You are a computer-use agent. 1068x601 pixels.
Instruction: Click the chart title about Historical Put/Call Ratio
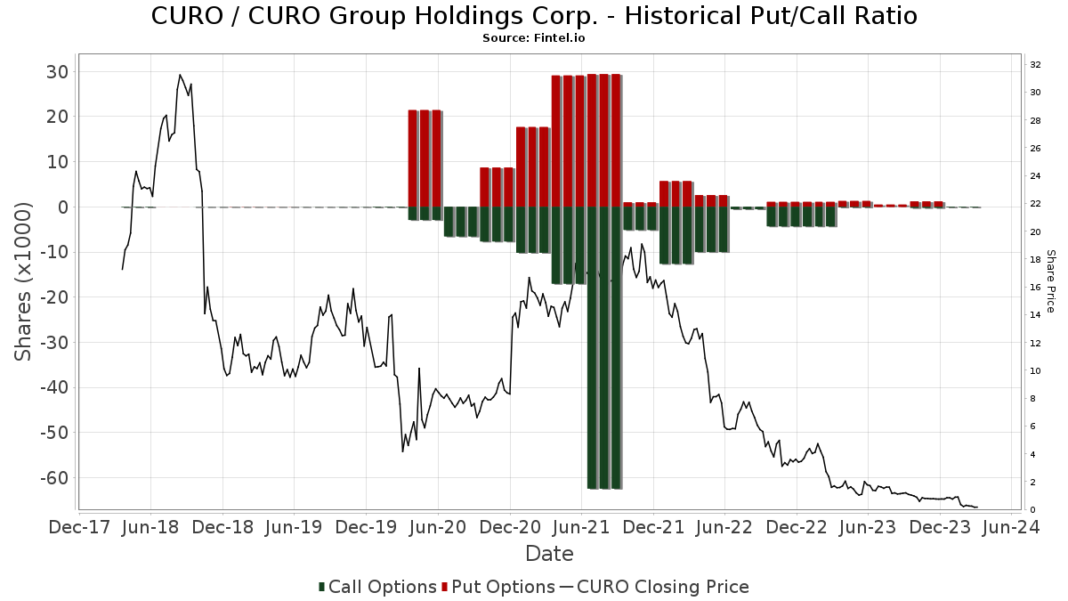coord(534,16)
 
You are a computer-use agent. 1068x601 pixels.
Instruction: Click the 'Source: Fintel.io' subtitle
coord(533,38)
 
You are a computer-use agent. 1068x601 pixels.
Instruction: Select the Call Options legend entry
coord(377,587)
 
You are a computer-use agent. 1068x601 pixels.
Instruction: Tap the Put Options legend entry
coord(498,587)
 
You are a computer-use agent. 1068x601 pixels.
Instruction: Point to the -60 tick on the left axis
coord(54,478)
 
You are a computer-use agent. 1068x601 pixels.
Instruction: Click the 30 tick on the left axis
coord(58,72)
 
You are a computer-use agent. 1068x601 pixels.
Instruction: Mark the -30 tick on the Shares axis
coord(54,343)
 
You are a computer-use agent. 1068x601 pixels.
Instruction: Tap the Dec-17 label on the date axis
coord(79,527)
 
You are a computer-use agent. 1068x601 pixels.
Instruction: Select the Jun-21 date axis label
coord(582,527)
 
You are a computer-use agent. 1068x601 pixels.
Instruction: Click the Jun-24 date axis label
coord(1012,527)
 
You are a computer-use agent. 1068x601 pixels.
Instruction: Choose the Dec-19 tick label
coord(366,527)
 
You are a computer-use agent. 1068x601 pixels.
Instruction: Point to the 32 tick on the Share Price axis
coord(1036,65)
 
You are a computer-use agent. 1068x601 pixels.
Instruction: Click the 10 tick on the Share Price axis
coord(1036,370)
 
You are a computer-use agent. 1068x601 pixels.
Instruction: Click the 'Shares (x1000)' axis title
coord(22,282)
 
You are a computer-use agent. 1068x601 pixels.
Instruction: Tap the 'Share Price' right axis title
coord(1050,281)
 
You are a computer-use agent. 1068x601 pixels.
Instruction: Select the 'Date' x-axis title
coord(549,554)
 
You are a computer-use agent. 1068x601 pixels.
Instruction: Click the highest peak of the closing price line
coord(180,75)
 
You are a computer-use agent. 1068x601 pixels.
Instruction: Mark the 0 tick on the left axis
coord(63,207)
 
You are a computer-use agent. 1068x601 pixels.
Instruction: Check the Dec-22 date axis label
coord(797,527)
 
